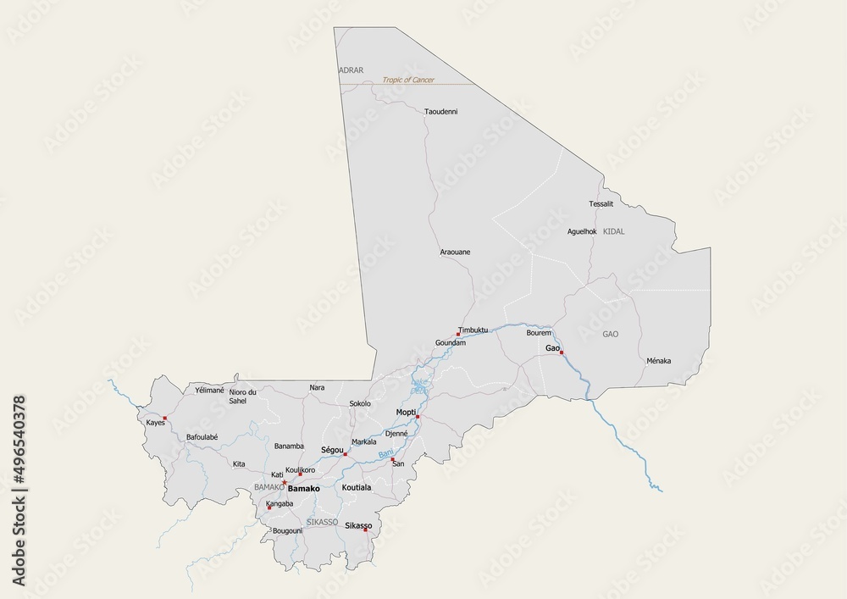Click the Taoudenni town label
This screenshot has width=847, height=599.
(x=440, y=111)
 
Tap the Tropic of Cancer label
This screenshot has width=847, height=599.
(x=408, y=80)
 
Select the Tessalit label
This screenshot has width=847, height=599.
(x=601, y=204)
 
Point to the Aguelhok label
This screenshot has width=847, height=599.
(x=582, y=231)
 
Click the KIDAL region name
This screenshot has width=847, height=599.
(x=614, y=231)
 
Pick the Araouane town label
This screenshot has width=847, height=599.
(x=455, y=252)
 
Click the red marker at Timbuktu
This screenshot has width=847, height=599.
(x=458, y=334)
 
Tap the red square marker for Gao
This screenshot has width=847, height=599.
(x=561, y=352)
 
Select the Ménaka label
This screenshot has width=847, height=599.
(x=658, y=361)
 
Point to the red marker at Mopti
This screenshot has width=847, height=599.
(x=418, y=417)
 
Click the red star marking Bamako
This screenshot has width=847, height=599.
(x=285, y=483)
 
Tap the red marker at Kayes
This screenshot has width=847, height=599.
(x=165, y=418)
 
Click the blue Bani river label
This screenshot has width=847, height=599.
(x=385, y=456)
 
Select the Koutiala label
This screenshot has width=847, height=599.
(x=357, y=489)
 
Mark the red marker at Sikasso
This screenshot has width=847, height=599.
(x=366, y=531)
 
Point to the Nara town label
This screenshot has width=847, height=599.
(x=317, y=387)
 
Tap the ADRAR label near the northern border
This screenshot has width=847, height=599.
(x=351, y=70)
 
